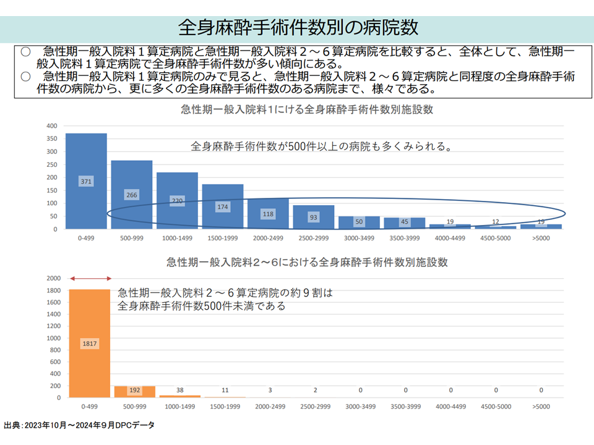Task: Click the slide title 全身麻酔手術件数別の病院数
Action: pos(298,27)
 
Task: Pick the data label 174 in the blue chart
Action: pos(223,208)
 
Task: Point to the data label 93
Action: pos(314,218)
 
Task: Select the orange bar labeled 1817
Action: pos(90,343)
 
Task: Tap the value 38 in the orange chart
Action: pos(180,390)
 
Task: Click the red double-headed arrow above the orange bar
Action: pos(90,279)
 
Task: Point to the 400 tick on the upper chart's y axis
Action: pos(51,125)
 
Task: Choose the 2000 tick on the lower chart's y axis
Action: pos(53,278)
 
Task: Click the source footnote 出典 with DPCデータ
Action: pos(79,426)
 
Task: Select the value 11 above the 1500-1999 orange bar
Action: pos(225,390)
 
